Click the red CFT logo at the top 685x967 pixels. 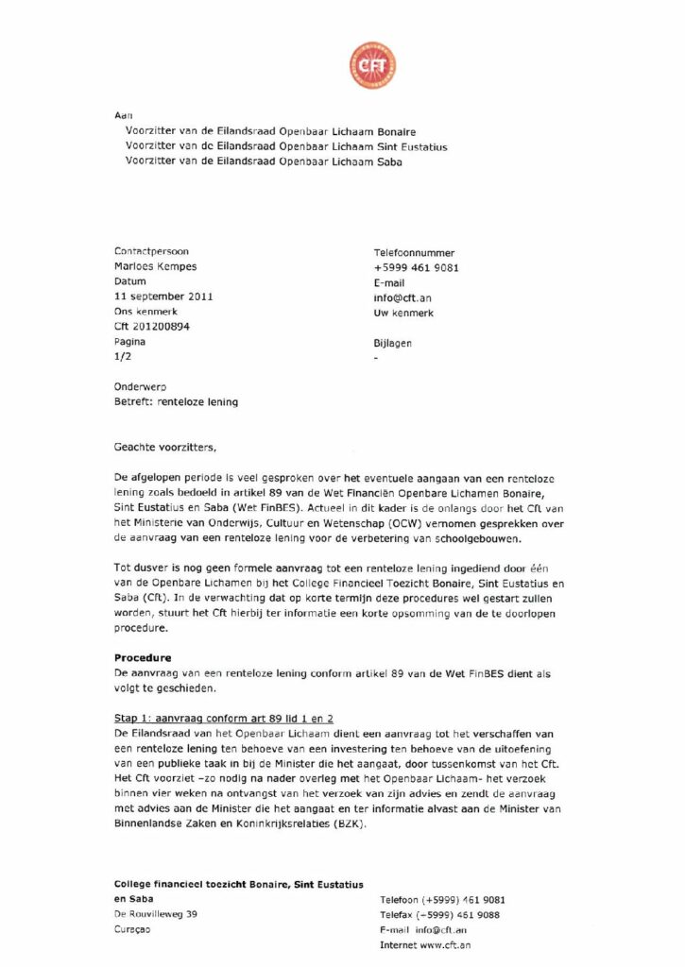click(372, 66)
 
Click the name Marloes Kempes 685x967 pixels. click(155, 267)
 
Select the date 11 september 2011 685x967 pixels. click(163, 297)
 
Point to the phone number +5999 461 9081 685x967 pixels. click(417, 267)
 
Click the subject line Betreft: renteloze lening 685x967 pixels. click(176, 401)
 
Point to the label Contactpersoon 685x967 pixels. click(151, 252)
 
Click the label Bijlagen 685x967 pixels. click(393, 344)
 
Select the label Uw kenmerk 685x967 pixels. click(404, 313)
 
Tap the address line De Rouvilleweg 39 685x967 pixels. click(156, 914)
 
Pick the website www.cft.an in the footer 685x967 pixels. click(445, 944)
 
